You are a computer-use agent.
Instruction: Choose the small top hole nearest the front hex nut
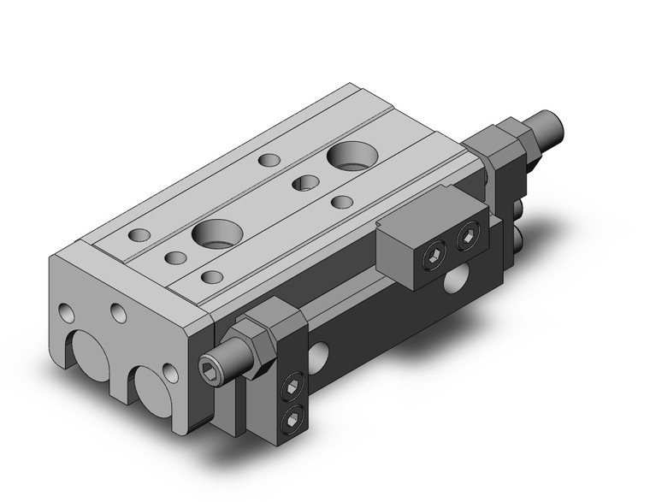210,276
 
